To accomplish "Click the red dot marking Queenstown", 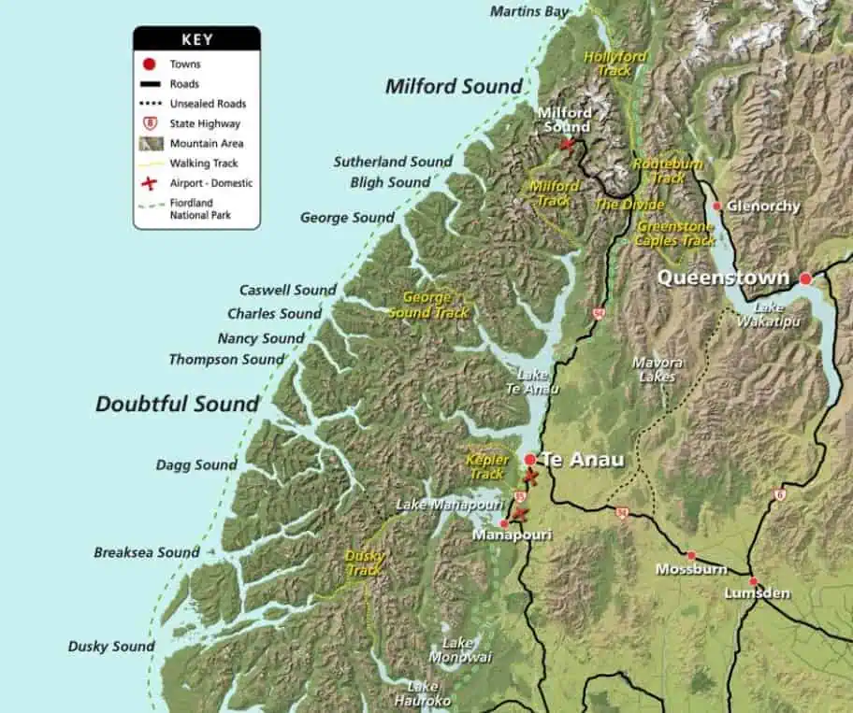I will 805,278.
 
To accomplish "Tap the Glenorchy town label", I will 764,207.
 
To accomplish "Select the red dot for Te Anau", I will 530,459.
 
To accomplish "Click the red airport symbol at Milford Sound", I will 566,144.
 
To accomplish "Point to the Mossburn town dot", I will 691,555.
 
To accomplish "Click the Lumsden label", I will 757,593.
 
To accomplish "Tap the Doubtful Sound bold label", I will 177,405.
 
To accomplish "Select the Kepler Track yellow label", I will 487,466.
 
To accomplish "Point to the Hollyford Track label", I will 614,63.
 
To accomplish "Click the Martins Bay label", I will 528,11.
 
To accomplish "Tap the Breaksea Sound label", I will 146,552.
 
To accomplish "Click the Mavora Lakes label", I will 658,369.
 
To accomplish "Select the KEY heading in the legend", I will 196,39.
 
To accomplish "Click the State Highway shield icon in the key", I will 149,123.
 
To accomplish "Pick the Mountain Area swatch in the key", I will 149,143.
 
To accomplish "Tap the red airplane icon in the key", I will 149,183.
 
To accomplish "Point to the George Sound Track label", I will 428,305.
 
